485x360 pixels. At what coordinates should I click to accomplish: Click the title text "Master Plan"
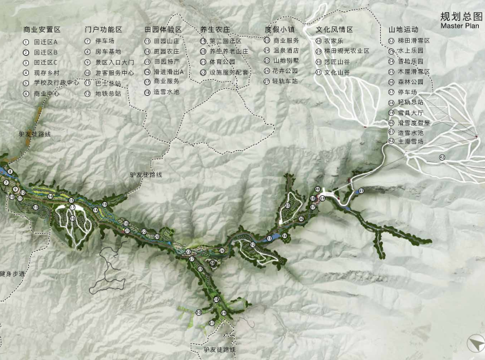pyautogui.click(x=460, y=26)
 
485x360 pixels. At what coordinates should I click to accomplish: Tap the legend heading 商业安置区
pyautogui.click(x=41, y=30)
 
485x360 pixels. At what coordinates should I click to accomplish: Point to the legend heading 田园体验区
pyautogui.click(x=163, y=30)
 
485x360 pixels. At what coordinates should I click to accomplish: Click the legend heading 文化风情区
pyautogui.click(x=334, y=30)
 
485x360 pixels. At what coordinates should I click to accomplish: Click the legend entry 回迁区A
pyautogui.click(x=46, y=41)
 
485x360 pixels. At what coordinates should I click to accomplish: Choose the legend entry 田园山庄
pyautogui.click(x=166, y=41)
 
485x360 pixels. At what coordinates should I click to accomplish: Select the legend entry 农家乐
pyautogui.click(x=335, y=41)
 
